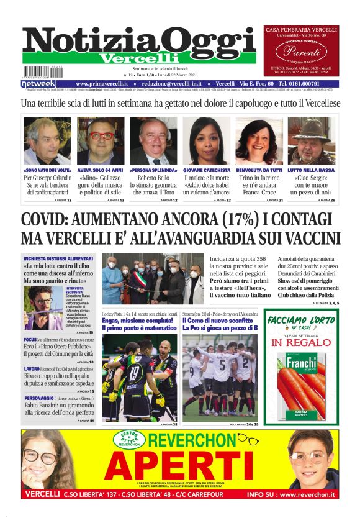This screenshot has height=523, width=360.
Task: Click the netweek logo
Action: coord(38,84)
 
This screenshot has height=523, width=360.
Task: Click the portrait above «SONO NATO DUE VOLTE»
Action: coord(47,140)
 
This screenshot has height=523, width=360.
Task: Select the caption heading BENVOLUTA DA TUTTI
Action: coord(259,170)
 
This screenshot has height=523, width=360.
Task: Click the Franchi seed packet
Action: coord(301,379)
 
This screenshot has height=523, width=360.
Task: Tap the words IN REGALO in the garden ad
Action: coord(301,342)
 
